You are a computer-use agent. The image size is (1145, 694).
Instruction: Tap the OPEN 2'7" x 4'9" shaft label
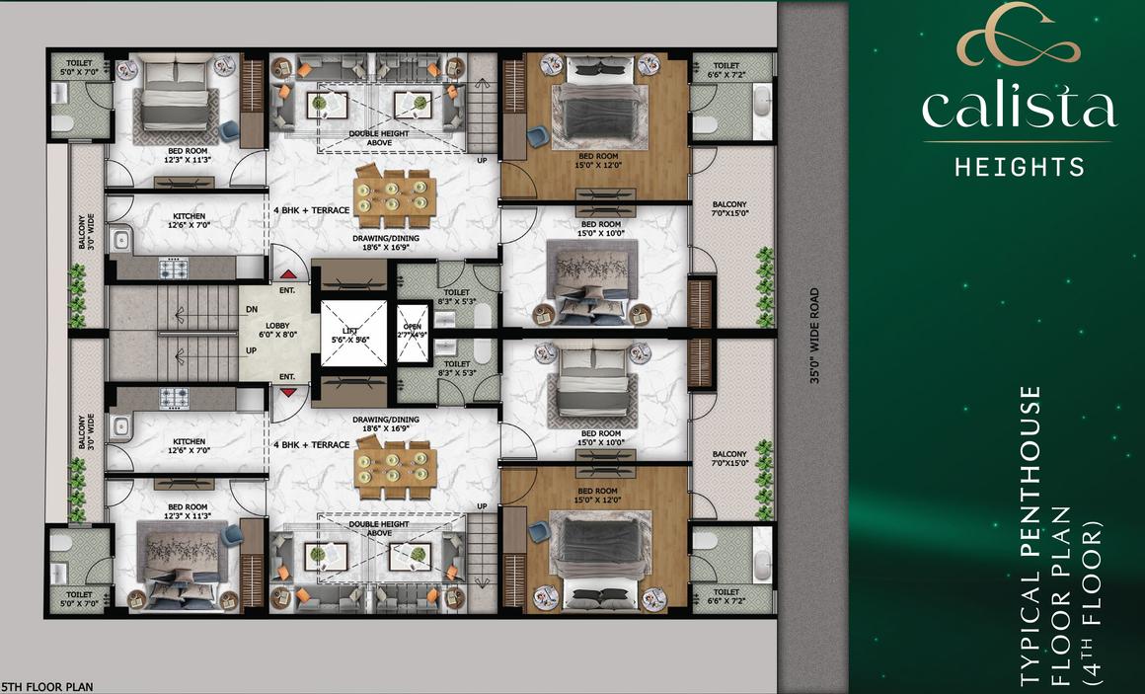[413, 331]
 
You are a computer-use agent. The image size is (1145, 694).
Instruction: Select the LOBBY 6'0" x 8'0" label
[277, 330]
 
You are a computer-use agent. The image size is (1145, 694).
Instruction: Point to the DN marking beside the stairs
[251, 310]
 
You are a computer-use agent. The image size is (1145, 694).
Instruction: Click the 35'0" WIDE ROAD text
[814, 336]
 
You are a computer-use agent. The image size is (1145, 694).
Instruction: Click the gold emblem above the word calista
[1018, 35]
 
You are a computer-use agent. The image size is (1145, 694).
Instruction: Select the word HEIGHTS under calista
[1020, 167]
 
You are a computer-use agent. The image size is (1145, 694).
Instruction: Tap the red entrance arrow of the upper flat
[287, 274]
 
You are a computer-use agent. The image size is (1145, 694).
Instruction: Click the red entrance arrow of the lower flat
[287, 392]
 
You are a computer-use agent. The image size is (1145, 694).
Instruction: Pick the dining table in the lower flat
[395, 468]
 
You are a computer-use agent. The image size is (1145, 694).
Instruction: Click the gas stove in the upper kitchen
[174, 269]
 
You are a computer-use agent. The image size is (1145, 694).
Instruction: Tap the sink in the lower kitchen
[120, 428]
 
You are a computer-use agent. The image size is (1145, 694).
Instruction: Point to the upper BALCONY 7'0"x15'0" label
[729, 209]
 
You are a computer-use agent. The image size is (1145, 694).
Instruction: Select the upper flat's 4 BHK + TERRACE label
[311, 210]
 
